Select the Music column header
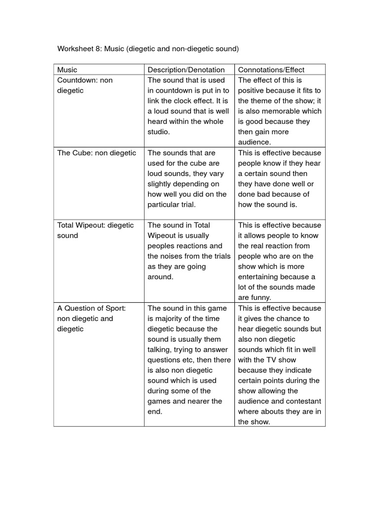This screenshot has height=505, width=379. click(67, 70)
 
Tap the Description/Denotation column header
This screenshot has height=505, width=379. click(186, 70)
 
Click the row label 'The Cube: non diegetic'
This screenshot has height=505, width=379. click(96, 153)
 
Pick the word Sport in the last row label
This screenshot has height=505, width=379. click(115, 308)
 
